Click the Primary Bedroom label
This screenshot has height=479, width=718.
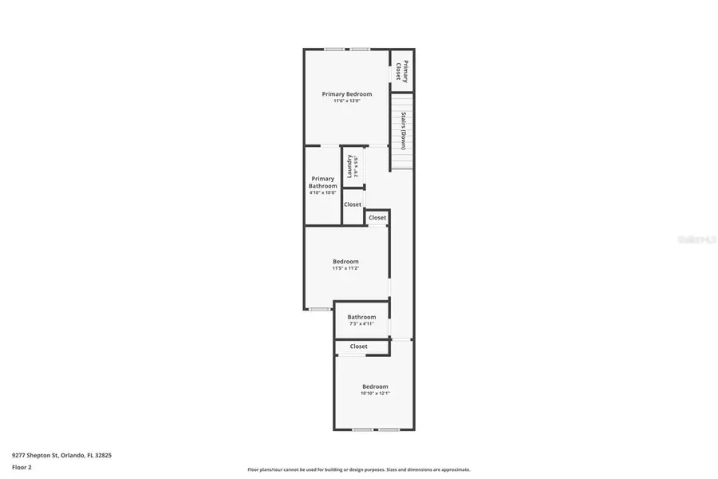tap(346, 94)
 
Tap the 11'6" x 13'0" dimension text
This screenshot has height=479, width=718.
tap(346, 101)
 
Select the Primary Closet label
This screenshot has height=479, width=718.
tap(405, 72)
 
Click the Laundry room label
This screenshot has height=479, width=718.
tap(349, 167)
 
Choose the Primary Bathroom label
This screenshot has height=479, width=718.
tap(323, 182)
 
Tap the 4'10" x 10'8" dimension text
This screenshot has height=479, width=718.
tap(323, 192)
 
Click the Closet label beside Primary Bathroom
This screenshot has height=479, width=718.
tap(353, 204)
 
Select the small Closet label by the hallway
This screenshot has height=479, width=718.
tap(377, 218)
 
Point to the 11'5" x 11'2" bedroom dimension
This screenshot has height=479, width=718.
tap(345, 268)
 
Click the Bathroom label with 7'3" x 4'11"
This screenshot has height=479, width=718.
tap(361, 317)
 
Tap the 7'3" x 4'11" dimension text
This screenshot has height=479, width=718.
tap(361, 324)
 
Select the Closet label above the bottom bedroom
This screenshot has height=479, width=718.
tap(359, 346)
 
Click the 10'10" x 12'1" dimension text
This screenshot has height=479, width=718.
tap(375, 393)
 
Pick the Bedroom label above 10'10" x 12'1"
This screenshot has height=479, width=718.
tap(375, 386)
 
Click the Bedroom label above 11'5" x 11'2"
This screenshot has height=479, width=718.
tap(345, 261)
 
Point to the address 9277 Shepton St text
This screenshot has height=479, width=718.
tap(61, 455)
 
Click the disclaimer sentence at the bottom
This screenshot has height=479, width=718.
tap(359, 469)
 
